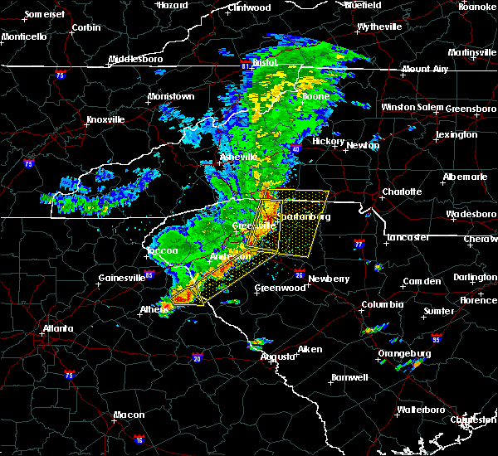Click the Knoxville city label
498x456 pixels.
(x=105, y=119)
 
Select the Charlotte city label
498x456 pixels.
(x=402, y=192)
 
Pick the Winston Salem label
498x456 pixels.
(x=413, y=108)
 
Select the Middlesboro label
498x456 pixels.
(x=138, y=60)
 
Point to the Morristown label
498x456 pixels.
(x=171, y=97)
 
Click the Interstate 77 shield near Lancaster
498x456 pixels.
(x=359, y=245)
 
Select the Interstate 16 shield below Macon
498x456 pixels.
(x=139, y=440)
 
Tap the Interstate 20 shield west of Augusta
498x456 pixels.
(x=197, y=357)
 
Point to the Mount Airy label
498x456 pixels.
(x=427, y=69)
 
